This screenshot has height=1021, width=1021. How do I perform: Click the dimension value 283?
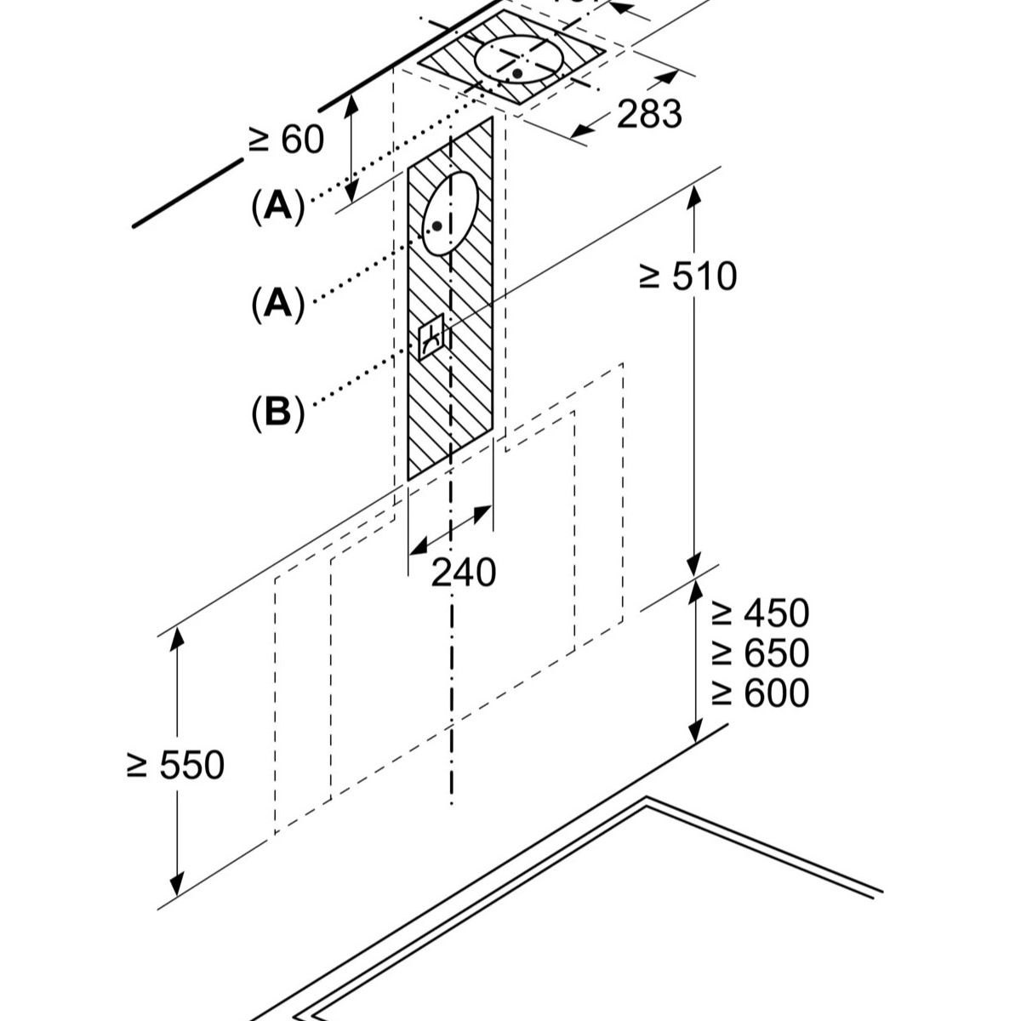649,113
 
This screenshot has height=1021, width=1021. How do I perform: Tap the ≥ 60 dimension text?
287,139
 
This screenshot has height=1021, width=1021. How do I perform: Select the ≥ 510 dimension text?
688,276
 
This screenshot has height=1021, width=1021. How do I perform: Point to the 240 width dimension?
463,572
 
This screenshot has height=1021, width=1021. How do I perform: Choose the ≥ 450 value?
761,613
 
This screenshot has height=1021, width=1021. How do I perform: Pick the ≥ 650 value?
761,653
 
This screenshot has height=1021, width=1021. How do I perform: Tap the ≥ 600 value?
761,693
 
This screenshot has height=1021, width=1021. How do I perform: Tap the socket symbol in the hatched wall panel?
431,337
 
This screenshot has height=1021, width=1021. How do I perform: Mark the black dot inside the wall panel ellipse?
436,225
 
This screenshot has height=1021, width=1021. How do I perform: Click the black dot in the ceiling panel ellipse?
517,74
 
